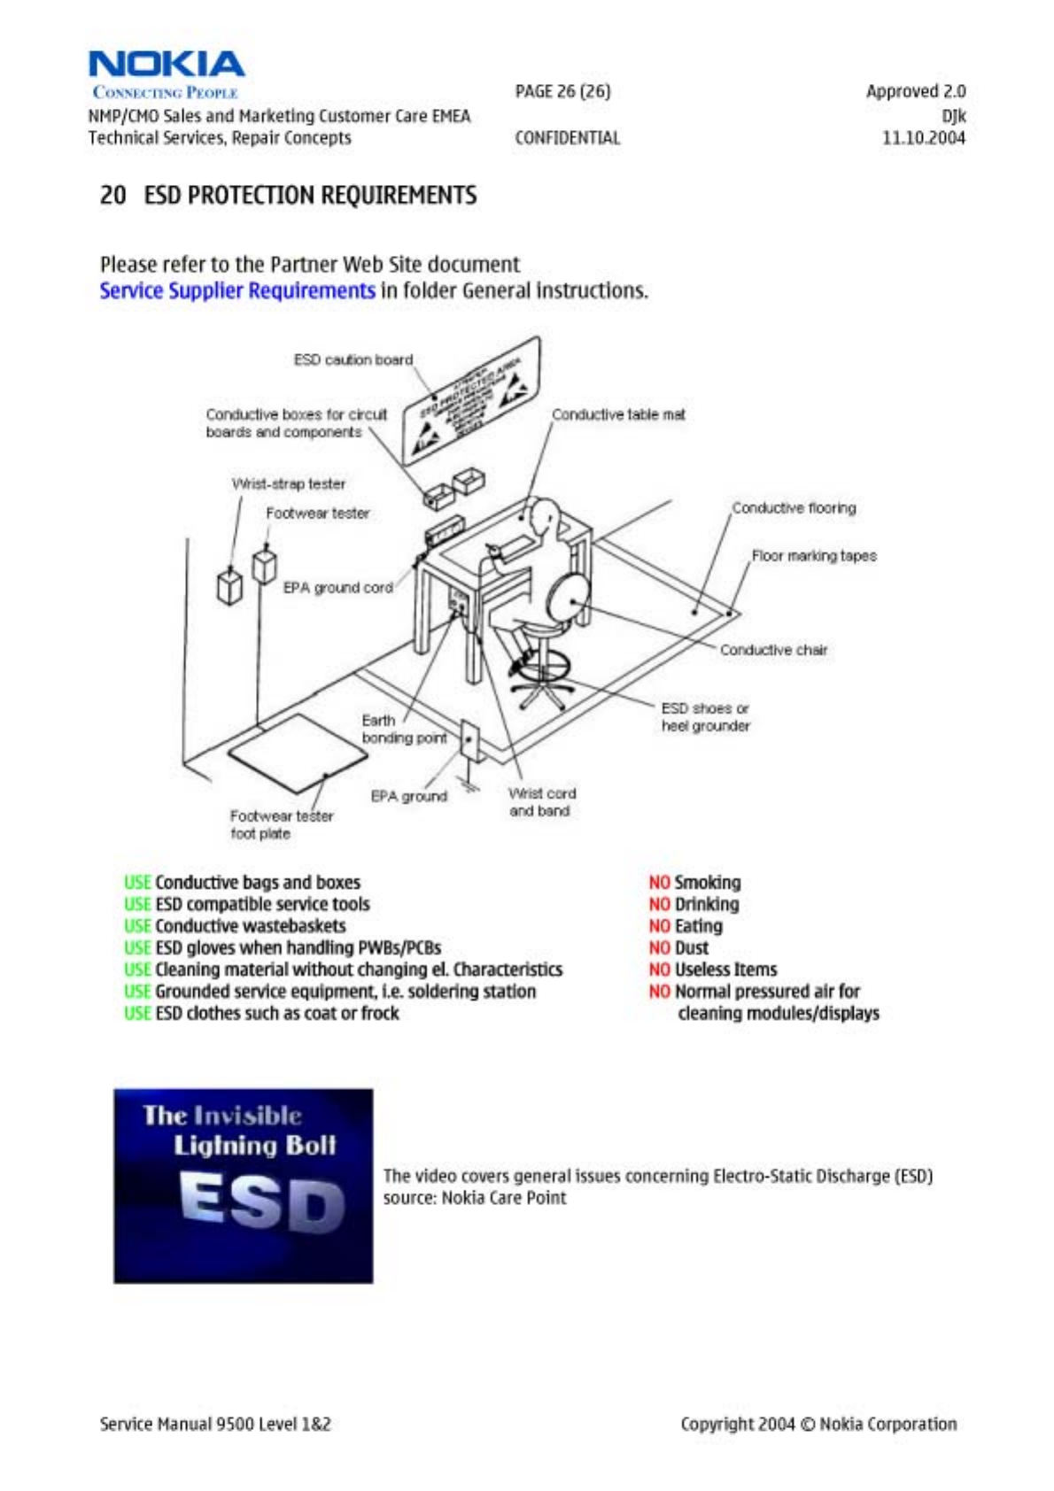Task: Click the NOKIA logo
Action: coord(167,65)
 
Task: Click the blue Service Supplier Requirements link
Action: coord(236,290)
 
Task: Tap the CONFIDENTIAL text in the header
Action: coord(567,138)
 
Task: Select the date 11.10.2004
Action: coord(923,138)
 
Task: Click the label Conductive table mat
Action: coord(618,414)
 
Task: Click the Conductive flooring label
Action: coord(794,508)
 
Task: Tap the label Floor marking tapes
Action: coord(814,556)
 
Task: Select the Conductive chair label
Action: coord(773,650)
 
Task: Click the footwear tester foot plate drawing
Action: coord(298,753)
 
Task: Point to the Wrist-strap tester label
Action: coord(289,483)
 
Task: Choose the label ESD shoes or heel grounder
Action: coord(705,717)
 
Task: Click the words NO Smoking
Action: coord(694,883)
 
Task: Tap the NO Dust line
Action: coord(678,947)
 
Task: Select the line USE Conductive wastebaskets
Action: coord(235,926)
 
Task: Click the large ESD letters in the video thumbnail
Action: coord(261,1202)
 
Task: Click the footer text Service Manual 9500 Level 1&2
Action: coord(215,1424)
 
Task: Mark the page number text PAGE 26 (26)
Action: coord(562,91)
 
